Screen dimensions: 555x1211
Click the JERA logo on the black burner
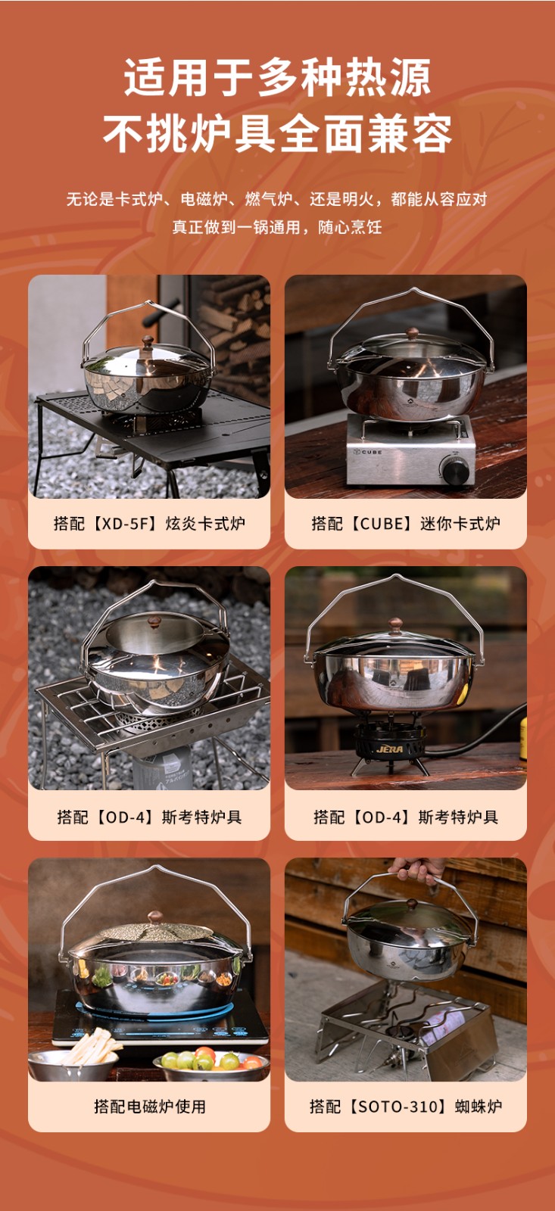390,749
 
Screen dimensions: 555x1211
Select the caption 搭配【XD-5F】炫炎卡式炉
149,523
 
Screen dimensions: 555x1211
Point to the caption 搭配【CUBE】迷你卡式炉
406,523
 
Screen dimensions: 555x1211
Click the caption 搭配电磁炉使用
150,1106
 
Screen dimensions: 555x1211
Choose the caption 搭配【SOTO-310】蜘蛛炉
406,1106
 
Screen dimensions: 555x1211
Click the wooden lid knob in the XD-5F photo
147,341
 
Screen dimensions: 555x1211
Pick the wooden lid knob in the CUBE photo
413,332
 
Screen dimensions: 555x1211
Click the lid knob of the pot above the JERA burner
395,624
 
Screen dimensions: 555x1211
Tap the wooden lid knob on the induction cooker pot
156,917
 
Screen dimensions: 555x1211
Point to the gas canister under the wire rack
162,767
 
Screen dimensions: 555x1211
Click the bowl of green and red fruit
211,1063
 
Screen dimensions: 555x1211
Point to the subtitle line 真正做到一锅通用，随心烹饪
277,227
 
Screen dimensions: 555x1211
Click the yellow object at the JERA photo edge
523,739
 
